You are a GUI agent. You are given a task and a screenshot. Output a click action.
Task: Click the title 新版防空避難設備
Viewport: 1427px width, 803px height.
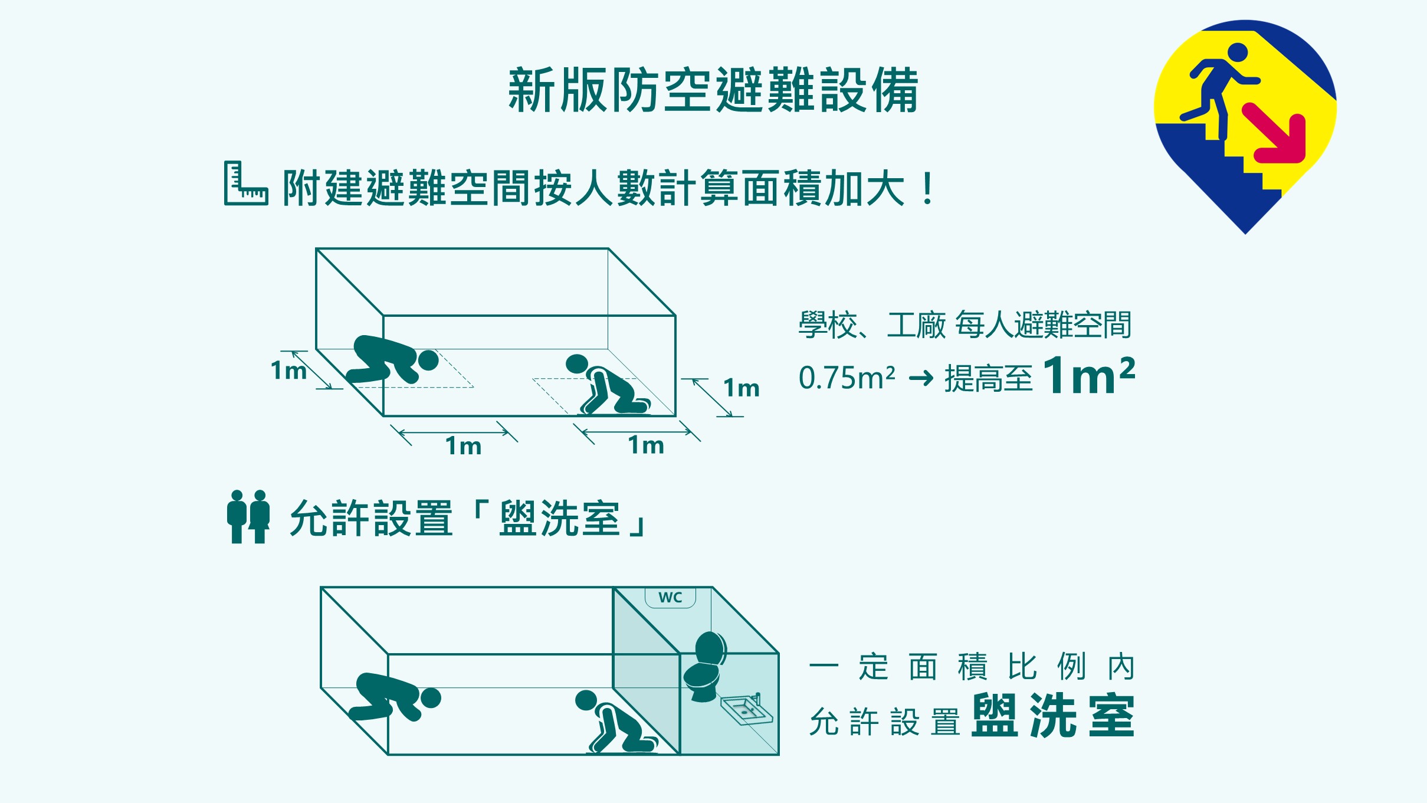pyautogui.click(x=713, y=90)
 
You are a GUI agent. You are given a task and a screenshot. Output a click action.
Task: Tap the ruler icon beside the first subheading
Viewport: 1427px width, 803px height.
pyautogui.click(x=245, y=183)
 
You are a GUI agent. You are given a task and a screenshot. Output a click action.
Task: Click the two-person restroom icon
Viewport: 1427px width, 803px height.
pyautogui.click(x=248, y=517)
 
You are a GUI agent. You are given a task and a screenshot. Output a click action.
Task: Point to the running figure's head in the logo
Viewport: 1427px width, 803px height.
pyautogui.click(x=1237, y=53)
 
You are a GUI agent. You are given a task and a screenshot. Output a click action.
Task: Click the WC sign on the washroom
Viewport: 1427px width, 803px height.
pyautogui.click(x=670, y=597)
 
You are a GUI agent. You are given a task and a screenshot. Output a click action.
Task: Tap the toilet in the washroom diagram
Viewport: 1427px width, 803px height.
pyautogui.click(x=704, y=667)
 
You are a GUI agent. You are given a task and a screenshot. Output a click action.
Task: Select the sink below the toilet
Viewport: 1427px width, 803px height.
pyautogui.click(x=746, y=709)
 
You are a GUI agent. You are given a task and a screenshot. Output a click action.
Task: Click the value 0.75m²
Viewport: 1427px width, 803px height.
pyautogui.click(x=847, y=378)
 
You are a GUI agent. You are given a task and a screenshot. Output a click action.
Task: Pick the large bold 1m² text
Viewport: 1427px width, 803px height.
pyautogui.click(x=1089, y=375)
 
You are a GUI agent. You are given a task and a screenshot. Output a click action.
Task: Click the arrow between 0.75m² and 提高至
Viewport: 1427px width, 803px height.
pyautogui.click(x=921, y=378)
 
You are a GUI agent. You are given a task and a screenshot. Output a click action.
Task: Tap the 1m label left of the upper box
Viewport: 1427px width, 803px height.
pyautogui.click(x=288, y=371)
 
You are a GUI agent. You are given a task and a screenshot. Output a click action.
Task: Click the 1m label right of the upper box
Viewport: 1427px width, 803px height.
pyautogui.click(x=742, y=388)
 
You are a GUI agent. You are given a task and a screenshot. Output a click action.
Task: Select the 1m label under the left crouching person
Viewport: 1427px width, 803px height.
pyautogui.click(x=463, y=446)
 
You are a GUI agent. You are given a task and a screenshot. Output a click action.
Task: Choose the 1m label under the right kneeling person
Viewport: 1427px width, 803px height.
pyautogui.click(x=646, y=445)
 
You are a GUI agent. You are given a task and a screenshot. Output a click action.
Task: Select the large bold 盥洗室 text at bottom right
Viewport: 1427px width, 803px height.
pyautogui.click(x=1053, y=716)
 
